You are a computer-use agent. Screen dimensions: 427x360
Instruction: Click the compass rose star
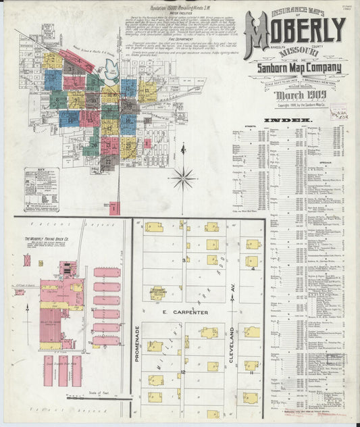183,178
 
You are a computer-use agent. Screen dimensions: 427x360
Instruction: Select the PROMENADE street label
137,343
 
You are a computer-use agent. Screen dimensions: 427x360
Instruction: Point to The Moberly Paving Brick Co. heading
50,240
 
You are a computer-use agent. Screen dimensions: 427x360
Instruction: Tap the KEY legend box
41,190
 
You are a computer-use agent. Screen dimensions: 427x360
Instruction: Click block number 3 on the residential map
183,259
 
